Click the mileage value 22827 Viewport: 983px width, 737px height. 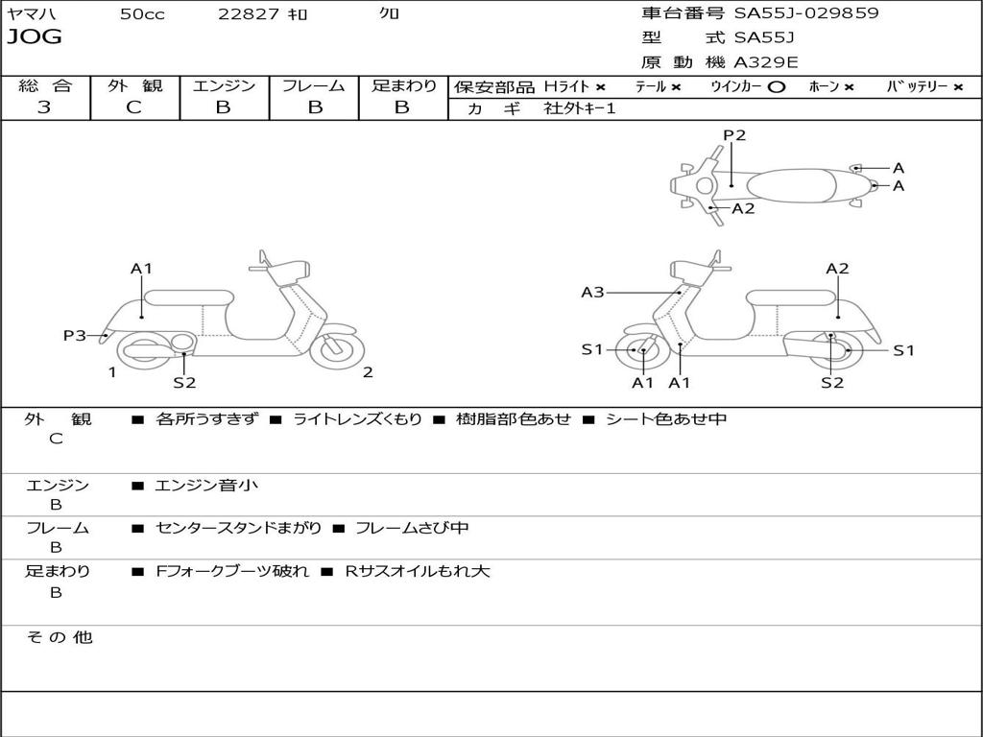249,14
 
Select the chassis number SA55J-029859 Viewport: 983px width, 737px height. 806,13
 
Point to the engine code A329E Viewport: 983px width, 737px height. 766,63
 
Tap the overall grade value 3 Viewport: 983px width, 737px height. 44,107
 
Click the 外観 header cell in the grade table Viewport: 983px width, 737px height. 134,85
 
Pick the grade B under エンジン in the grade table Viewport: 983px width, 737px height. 224,107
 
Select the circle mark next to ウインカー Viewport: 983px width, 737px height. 777,86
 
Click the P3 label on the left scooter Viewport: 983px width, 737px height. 75,335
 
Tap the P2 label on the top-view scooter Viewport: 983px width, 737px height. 734,135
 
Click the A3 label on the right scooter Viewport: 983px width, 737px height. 592,292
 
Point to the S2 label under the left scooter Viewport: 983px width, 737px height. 184,383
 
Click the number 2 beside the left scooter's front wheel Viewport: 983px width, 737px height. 368,372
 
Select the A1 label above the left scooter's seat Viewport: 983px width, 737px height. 142,269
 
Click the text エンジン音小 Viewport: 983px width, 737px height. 205,486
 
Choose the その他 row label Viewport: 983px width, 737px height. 59,637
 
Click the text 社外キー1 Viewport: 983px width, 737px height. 580,108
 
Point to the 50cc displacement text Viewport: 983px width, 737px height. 142,14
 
